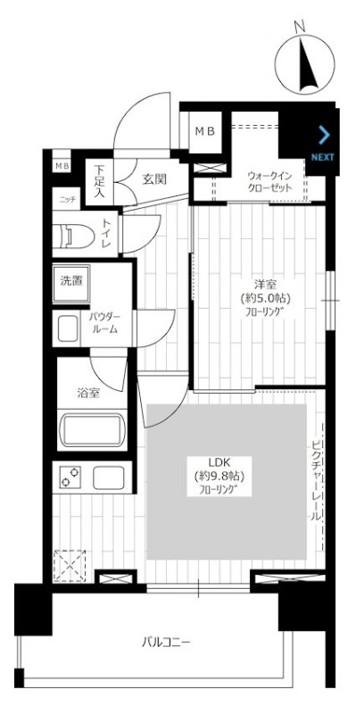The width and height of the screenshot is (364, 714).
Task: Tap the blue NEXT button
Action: click(x=323, y=145)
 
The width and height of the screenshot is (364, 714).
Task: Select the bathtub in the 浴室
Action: click(x=94, y=429)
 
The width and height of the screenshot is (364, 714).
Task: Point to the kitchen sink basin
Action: click(x=109, y=477)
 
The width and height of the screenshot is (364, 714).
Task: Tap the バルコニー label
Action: click(x=166, y=643)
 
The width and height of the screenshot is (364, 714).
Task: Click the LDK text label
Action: click(x=219, y=461)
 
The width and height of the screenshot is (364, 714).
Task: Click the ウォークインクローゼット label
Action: click(x=269, y=182)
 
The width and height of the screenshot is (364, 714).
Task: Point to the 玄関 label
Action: click(x=153, y=179)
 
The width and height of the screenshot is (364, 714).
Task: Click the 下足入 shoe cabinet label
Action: click(x=100, y=181)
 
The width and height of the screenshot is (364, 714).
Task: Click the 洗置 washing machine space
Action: click(x=70, y=284)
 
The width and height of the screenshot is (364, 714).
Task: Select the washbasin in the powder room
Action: click(x=67, y=328)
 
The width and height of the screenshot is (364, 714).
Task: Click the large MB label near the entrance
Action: click(x=205, y=131)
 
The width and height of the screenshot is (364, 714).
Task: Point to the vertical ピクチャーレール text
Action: click(x=316, y=480)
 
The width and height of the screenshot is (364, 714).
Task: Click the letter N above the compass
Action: click(x=300, y=28)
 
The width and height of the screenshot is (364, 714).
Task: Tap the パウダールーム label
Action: click(x=106, y=322)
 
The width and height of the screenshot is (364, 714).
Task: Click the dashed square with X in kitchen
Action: click(x=70, y=565)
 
